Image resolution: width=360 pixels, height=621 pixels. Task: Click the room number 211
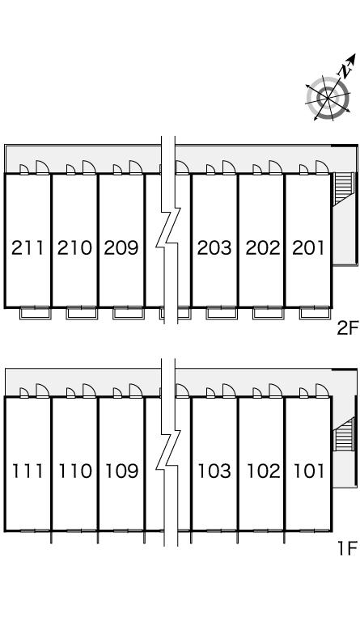28,248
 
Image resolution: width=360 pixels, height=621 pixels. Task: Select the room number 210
74,248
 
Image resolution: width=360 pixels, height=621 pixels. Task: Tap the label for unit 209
121,248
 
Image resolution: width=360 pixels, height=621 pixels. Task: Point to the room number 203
214,248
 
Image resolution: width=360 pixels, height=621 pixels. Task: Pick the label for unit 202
263,248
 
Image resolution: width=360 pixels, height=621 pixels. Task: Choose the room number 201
308,248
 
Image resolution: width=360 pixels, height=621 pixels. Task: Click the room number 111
28,471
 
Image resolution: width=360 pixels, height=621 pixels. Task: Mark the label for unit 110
75,471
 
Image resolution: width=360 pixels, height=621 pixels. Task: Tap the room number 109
121,471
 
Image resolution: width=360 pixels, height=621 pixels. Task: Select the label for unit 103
214,471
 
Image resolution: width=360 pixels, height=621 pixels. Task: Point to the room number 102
264,471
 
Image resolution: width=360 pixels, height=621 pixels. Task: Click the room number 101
309,471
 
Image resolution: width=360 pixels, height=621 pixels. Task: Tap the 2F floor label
347,328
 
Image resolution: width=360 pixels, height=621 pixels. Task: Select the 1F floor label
347,548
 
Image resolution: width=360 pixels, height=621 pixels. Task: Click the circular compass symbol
328,97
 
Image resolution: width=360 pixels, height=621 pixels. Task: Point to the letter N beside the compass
345,71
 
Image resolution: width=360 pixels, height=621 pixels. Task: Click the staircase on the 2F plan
343,188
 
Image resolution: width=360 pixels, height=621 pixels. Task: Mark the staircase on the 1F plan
344,435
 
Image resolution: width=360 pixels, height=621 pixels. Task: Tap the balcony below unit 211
36,313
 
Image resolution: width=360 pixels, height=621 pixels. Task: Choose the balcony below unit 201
315,313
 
